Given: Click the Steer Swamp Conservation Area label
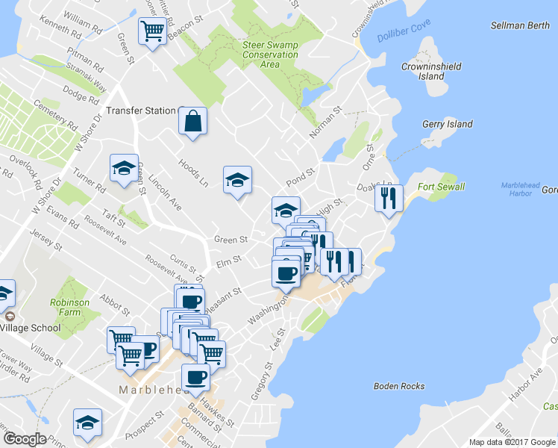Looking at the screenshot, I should click(270, 55).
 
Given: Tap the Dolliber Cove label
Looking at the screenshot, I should click(404, 34).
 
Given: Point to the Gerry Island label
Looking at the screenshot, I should click(448, 124).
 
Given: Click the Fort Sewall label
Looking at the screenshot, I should click(441, 187).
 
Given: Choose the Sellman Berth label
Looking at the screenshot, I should click(520, 25).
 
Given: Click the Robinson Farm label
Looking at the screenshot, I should click(71, 308).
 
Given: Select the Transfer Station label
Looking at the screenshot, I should click(140, 111).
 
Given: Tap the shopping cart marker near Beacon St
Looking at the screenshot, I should click(152, 31).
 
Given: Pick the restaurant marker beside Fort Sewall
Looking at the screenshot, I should click(389, 197).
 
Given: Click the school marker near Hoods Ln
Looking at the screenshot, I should click(237, 179).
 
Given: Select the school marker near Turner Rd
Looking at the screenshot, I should click(124, 168).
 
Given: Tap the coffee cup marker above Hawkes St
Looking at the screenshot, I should click(196, 376).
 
